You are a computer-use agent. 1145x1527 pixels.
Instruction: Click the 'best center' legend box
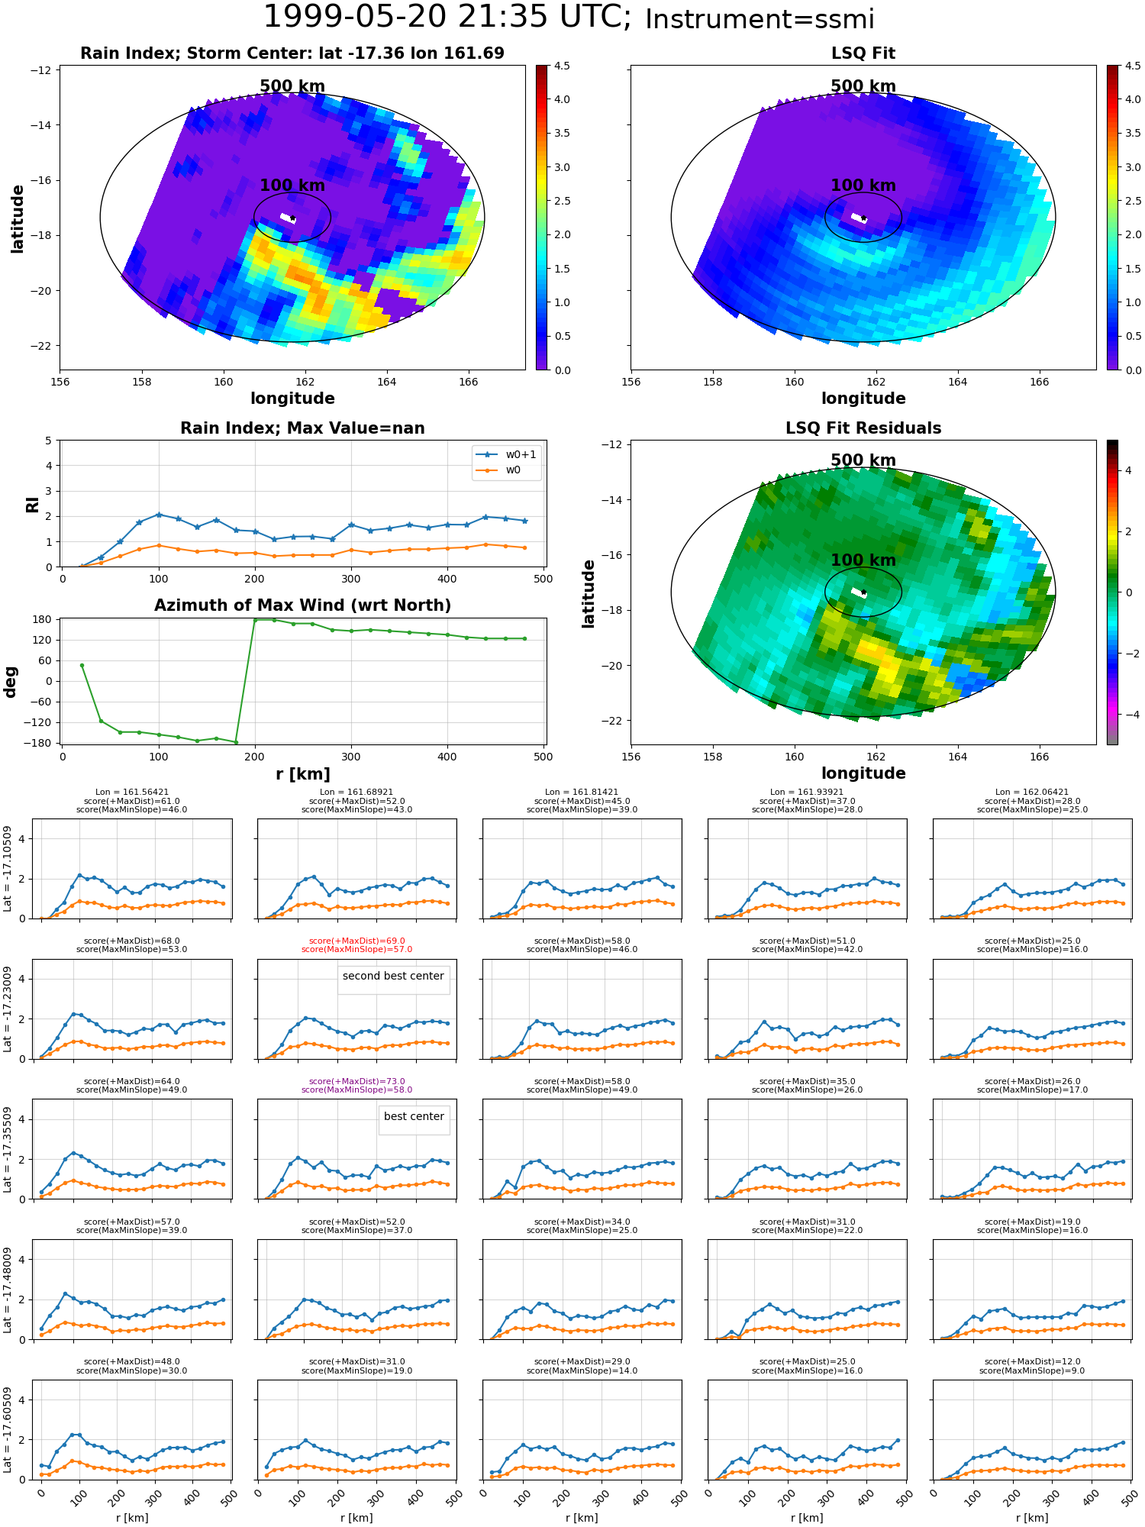[414, 1119]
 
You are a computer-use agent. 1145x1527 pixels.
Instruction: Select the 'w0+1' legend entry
[507, 454]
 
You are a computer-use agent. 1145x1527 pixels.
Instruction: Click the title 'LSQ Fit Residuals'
[863, 428]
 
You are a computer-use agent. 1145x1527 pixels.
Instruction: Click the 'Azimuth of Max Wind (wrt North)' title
[302, 605]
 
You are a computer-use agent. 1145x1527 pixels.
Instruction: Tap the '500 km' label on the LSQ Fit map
[863, 86]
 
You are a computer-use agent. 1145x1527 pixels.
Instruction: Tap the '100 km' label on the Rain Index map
[292, 186]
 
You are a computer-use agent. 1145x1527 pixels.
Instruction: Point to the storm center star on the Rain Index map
[292, 218]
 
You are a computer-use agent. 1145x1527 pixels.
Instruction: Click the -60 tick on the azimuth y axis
[41, 702]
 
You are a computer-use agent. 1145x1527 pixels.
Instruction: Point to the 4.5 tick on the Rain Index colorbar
[562, 66]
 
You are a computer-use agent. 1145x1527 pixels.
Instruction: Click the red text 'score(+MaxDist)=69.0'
[357, 941]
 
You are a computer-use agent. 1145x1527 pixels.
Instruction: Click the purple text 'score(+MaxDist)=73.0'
[357, 1082]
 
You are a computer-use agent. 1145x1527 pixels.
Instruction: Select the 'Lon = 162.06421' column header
[1032, 793]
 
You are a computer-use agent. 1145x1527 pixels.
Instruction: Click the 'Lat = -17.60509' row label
[8, 1429]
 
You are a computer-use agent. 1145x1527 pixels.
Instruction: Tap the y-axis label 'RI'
[33, 504]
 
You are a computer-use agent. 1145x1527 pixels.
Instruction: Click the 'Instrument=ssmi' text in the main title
[760, 19]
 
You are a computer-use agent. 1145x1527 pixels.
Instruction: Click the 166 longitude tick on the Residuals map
[1039, 757]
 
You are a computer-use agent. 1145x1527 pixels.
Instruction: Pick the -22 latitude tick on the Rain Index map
[40, 346]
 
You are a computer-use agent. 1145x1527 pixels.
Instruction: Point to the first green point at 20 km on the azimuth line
[82, 665]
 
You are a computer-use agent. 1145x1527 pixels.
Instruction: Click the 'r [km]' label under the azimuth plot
[302, 774]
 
